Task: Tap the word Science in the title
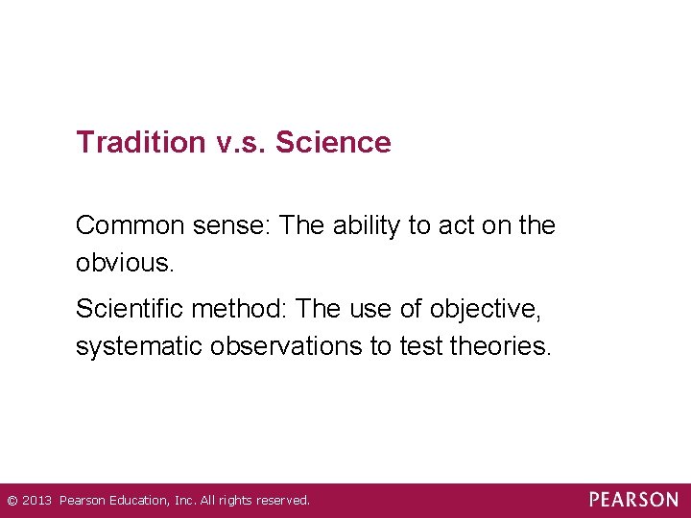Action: [x=333, y=143]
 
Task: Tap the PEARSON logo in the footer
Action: [x=633, y=500]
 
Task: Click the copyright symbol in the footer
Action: [x=12, y=501]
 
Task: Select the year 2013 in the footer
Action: [x=36, y=501]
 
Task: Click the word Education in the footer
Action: [x=138, y=501]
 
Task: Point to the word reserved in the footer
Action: [x=279, y=501]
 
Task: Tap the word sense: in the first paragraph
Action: [x=240, y=225]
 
